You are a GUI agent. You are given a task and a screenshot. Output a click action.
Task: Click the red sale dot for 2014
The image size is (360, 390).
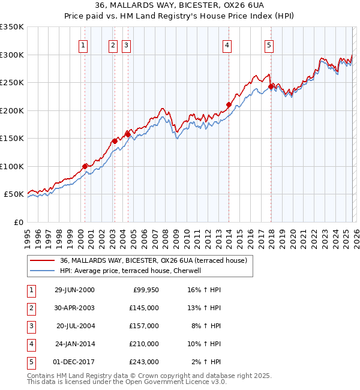229,104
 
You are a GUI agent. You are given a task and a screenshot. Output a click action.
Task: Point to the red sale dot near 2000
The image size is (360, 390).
85,166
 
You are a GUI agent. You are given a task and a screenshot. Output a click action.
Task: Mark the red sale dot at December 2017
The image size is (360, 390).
271,86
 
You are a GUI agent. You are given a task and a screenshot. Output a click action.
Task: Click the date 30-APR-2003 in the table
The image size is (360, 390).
74,308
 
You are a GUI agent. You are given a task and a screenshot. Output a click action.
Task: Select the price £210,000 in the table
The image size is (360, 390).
145,344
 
